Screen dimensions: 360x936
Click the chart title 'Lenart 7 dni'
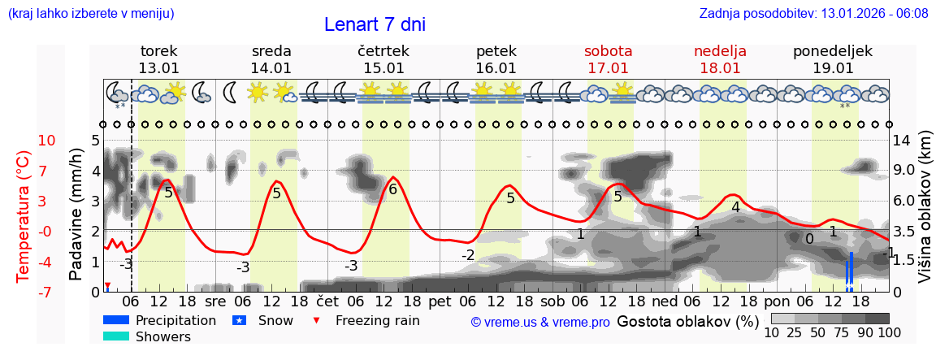(x=375, y=24)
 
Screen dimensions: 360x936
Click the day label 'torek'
(x=158, y=51)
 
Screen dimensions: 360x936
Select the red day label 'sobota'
(x=608, y=51)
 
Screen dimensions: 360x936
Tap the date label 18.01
(x=720, y=68)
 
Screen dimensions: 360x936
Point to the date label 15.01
(x=383, y=68)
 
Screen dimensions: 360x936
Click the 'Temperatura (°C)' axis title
(x=24, y=216)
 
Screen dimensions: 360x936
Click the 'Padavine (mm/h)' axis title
(x=76, y=215)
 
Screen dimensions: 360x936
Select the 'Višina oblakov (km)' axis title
(x=925, y=215)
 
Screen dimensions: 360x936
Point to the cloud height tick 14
(x=903, y=141)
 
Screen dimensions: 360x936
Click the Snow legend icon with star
(x=239, y=320)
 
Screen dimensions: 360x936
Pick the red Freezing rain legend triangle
(x=317, y=320)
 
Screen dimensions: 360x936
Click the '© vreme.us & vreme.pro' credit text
(x=540, y=323)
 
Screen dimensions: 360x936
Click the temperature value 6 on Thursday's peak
(x=393, y=190)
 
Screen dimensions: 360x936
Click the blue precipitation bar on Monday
(x=851, y=270)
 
